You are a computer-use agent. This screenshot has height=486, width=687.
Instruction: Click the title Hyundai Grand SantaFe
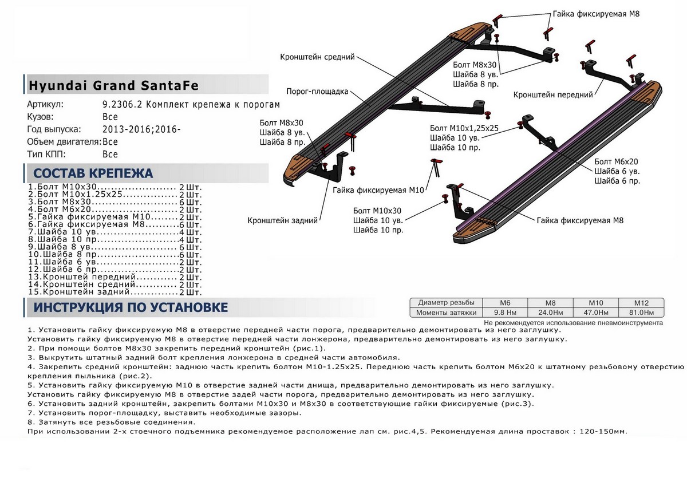click(113, 86)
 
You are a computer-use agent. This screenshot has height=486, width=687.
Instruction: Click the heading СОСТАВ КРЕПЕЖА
click(93, 173)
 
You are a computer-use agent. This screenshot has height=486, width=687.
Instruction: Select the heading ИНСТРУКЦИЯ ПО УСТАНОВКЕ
click(131, 307)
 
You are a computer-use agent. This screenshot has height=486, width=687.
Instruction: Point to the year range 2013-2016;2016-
click(141, 129)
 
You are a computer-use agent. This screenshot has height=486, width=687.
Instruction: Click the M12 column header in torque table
click(641, 303)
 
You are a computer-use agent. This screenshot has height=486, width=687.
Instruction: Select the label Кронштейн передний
click(552, 95)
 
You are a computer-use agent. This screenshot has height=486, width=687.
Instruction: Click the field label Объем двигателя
click(64, 141)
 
